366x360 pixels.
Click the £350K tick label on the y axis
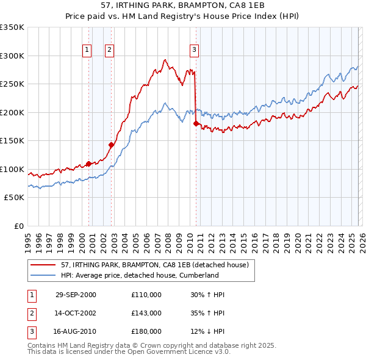(x=12, y=27)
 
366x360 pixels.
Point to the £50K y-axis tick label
(x=15, y=198)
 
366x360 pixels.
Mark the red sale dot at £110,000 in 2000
(x=89, y=164)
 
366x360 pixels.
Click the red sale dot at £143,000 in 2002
(x=112, y=145)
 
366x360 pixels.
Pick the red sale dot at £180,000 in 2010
(x=196, y=124)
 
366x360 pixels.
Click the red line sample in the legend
(x=43, y=265)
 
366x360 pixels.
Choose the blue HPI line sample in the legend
(x=43, y=275)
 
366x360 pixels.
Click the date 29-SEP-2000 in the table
(x=76, y=295)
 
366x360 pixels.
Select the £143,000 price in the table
(x=146, y=313)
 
